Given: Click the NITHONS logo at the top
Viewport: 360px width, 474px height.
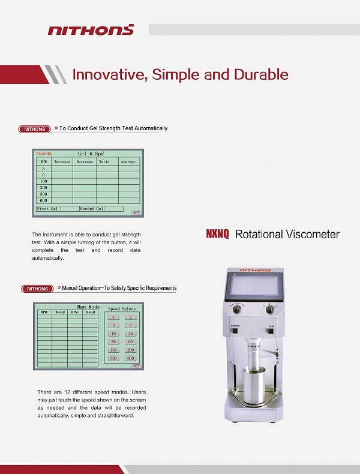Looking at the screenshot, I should click(x=91, y=29).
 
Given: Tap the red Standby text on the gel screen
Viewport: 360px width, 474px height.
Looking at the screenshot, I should click(x=45, y=154).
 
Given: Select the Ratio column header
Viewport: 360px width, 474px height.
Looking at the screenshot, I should click(x=104, y=161).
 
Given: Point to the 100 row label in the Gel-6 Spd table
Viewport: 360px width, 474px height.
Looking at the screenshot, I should click(x=43, y=181).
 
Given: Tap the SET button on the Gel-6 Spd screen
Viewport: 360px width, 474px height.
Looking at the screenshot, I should click(x=136, y=213).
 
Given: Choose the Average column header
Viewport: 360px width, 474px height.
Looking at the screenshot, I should click(x=128, y=161).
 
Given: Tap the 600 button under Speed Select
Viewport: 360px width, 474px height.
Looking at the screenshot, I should click(x=131, y=358).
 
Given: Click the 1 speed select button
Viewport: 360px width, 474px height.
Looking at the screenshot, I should click(x=113, y=317).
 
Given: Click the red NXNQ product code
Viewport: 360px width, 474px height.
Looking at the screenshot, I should click(x=218, y=235).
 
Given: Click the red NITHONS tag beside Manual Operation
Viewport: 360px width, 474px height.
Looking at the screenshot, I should click(x=37, y=289).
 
